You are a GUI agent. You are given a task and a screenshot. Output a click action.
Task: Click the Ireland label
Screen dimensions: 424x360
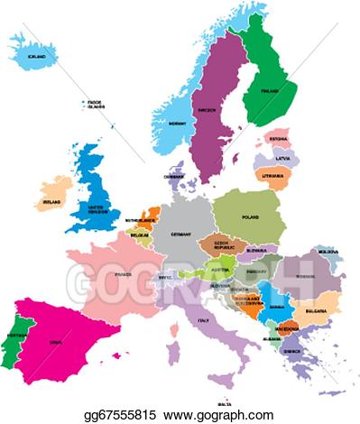(x=53, y=203)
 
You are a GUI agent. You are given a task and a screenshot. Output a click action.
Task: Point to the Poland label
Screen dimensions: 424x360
(x=249, y=217)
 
